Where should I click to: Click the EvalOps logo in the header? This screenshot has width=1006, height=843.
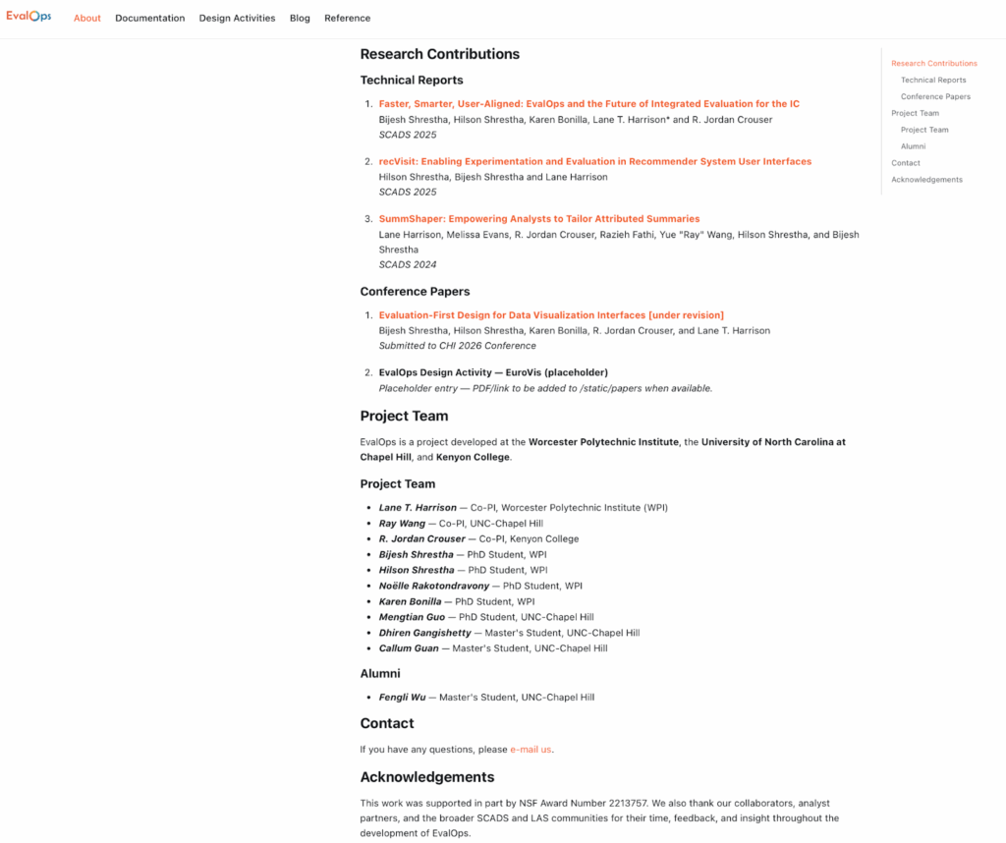(x=28, y=17)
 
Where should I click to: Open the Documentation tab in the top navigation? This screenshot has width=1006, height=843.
(x=149, y=18)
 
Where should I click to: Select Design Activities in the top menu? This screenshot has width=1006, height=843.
(x=237, y=18)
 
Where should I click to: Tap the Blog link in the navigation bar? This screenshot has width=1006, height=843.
(x=300, y=18)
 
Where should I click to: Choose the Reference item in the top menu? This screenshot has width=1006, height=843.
(x=347, y=18)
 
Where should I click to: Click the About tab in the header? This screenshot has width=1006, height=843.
(x=87, y=18)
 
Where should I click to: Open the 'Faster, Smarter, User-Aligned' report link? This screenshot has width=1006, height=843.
(x=588, y=104)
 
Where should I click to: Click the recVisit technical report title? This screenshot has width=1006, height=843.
(x=594, y=161)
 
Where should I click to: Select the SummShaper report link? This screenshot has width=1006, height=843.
(x=538, y=219)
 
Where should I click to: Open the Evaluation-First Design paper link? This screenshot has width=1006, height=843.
(x=550, y=315)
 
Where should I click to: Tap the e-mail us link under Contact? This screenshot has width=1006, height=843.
(x=531, y=750)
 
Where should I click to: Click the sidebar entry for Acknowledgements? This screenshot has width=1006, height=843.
(x=926, y=180)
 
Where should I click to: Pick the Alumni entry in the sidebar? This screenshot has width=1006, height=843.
(x=913, y=146)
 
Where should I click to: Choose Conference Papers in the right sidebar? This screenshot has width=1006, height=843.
(x=935, y=96)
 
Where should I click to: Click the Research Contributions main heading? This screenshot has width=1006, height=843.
(x=439, y=54)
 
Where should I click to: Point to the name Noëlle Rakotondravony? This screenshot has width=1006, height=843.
(x=433, y=586)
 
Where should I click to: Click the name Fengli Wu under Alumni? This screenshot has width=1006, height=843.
(x=402, y=698)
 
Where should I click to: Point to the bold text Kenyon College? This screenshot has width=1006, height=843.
(x=473, y=457)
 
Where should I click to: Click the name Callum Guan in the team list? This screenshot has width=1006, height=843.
(x=408, y=648)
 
